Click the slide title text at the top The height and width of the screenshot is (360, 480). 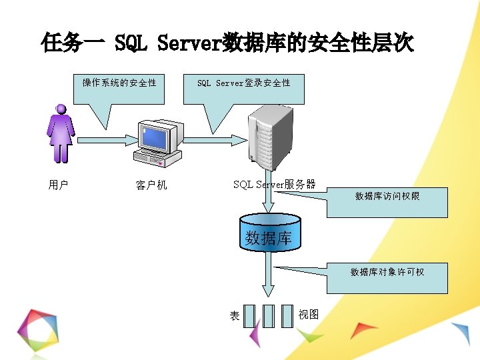coord(227,44)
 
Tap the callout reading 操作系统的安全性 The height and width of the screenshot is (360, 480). coord(119,83)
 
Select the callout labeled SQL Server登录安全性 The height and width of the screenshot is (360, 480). coord(243,83)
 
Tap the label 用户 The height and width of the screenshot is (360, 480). coord(59,185)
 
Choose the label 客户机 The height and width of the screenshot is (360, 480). coord(151,185)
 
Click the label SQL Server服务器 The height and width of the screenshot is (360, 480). coord(274,185)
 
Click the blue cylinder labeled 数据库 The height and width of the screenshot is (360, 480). coord(269,231)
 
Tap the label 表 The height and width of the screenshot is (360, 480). coord(235,315)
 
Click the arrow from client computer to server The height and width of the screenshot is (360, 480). coord(213,140)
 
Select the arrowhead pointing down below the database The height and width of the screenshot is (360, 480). coord(268,291)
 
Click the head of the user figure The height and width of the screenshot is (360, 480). coord(61,109)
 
